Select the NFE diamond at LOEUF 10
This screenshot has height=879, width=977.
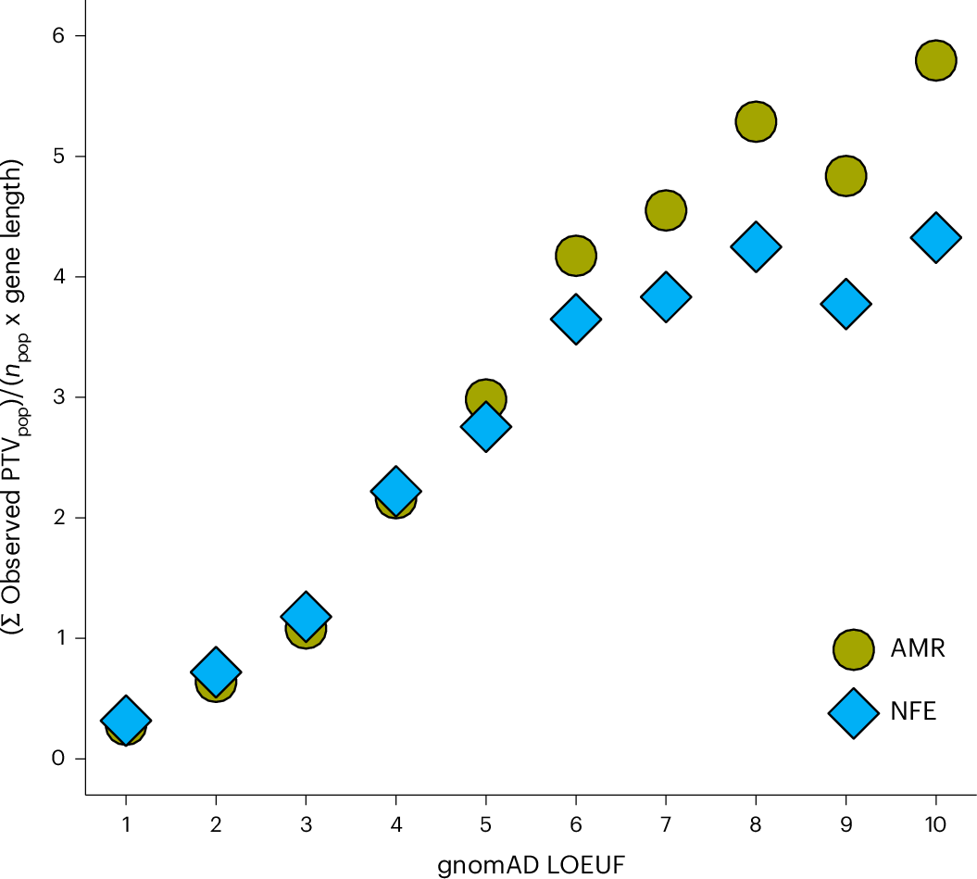tap(935, 236)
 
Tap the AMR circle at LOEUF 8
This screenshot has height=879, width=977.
tap(756, 121)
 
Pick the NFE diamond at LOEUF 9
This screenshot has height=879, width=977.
tap(845, 303)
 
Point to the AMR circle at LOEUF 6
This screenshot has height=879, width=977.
tap(575, 255)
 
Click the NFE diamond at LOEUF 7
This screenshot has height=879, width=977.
tap(665, 296)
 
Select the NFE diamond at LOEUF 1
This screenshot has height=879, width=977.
tap(126, 720)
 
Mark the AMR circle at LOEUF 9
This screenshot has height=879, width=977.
tap(845, 175)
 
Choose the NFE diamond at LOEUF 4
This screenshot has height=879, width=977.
tap(395, 491)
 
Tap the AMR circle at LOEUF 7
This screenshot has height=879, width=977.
tap(665, 210)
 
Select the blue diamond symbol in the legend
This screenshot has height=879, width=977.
tap(853, 712)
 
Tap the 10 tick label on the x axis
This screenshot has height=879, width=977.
tap(935, 822)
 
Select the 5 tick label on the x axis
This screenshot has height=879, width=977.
tap(485, 822)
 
